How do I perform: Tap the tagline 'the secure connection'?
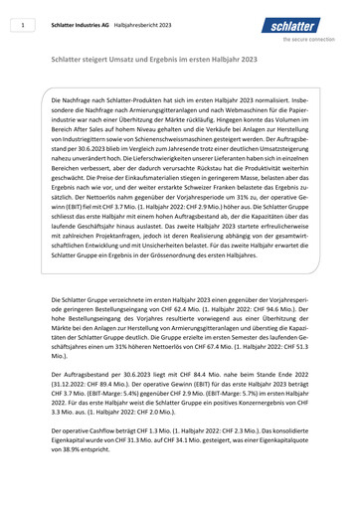pyautogui.click(x=315, y=41)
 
